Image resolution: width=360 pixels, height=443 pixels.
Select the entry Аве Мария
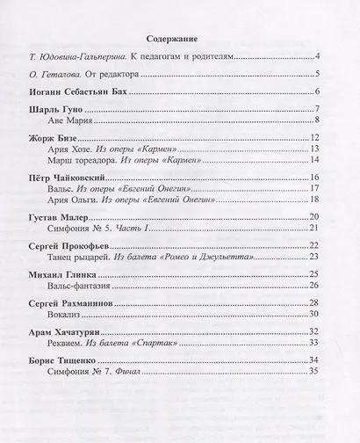click(x=82, y=121)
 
